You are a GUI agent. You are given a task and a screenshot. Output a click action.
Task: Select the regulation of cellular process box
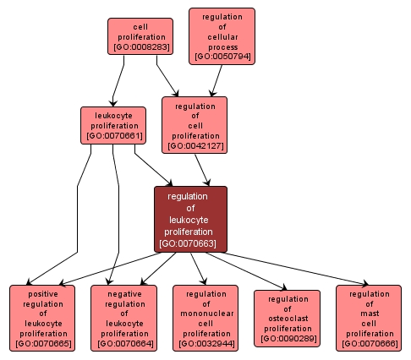222,36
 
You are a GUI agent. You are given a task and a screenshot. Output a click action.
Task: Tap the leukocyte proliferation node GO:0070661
112,124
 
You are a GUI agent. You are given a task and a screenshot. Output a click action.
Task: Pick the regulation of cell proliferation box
195,124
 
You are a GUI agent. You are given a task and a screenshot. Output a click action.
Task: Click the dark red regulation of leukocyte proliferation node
190,219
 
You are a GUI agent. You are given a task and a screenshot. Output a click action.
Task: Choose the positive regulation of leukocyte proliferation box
42,317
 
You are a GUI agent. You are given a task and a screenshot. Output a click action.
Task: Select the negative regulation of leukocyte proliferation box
123,317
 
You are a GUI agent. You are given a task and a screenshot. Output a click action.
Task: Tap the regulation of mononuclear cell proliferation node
205,317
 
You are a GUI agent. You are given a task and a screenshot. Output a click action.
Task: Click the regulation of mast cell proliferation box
368,317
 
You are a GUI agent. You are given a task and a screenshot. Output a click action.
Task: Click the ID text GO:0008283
140,48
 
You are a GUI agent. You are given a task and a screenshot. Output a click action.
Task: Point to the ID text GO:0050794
222,57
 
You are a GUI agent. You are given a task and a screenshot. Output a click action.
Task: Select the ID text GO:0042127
195,146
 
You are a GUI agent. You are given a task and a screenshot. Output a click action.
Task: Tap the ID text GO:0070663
190,244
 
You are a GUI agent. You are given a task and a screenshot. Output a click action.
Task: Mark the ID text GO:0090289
287,339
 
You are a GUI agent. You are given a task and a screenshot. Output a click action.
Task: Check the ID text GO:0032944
205,344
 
